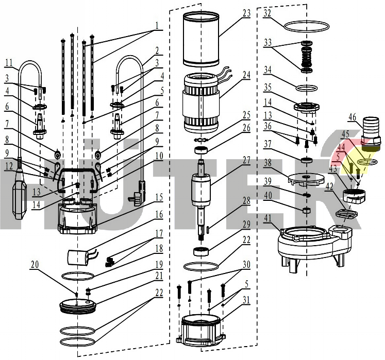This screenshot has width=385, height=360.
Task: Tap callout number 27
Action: [x=246, y=160]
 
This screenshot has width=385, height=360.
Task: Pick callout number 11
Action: [x=8, y=63]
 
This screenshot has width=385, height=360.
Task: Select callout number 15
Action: [x=159, y=197]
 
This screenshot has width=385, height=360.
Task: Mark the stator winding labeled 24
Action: [x=201, y=103]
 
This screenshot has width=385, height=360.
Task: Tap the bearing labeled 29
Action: [x=201, y=251]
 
